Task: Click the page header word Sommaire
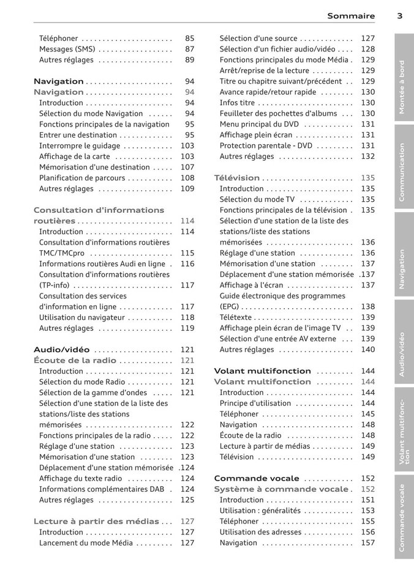tap(350, 16)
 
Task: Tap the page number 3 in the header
tap(399, 16)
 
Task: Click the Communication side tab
tap(403, 172)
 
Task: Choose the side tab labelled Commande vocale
tap(403, 517)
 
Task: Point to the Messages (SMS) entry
tap(66, 49)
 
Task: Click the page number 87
tap(189, 49)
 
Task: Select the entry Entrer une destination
tap(78, 135)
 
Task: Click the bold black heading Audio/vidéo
tap(61, 350)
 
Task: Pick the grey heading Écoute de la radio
tap(75, 361)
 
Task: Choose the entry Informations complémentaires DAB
tap(102, 489)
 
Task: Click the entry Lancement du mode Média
tap(86, 543)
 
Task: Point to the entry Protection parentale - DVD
tap(266, 146)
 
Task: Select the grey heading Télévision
tap(236, 178)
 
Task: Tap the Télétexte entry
tap(235, 317)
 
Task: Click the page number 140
tap(367, 350)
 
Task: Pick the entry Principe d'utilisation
tap(255, 404)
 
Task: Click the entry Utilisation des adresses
tap(260, 532)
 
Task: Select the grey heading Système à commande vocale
tap(280, 489)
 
